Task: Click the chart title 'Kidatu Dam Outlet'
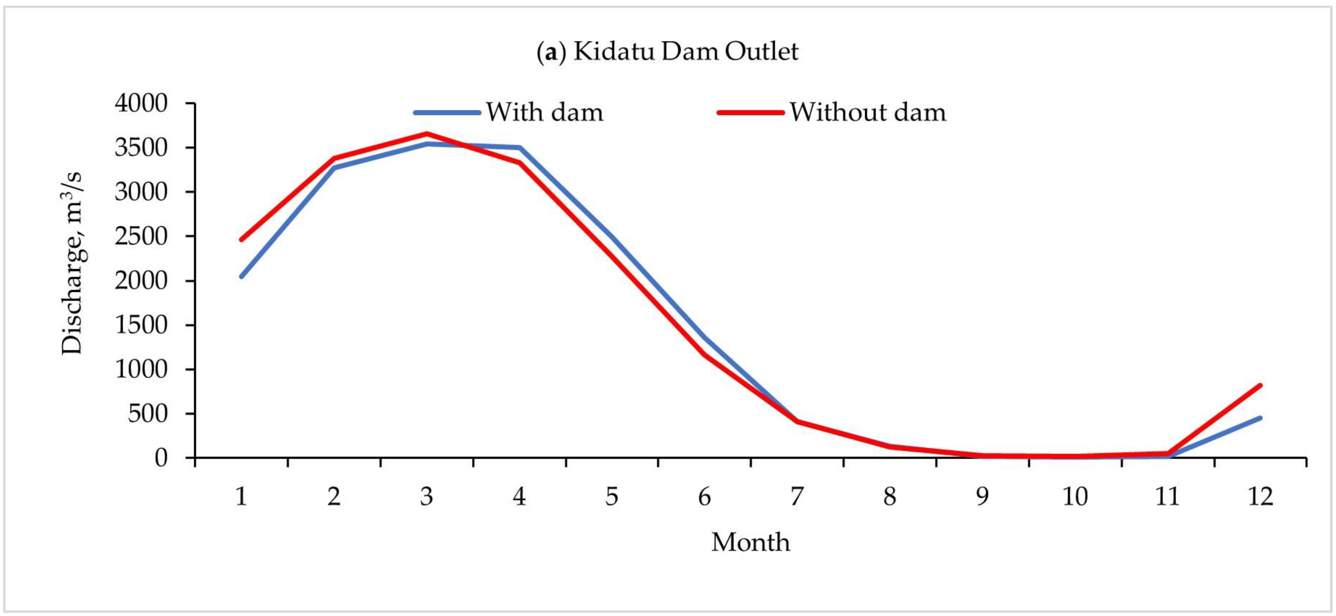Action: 668,52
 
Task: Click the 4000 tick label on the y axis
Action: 141,103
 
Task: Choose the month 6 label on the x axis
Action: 704,497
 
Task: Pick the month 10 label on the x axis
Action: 1075,497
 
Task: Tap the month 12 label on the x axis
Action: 1260,497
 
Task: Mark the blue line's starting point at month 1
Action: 241,277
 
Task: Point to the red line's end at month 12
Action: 1260,385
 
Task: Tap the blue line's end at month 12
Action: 1260,418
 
